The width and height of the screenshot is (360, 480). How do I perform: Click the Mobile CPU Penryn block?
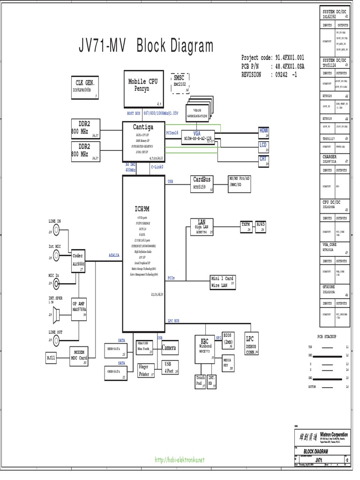pos(143,89)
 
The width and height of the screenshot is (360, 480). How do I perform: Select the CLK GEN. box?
pos(85,87)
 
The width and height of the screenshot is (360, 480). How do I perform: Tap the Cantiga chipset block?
pos(143,141)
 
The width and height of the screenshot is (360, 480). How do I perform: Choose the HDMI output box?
pos(264,131)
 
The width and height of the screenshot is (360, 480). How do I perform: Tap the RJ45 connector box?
pos(261,226)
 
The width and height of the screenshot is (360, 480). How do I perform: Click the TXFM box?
pos(246,225)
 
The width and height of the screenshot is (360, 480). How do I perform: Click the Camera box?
pos(169,348)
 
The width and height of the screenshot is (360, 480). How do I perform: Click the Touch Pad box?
pos(201,382)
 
